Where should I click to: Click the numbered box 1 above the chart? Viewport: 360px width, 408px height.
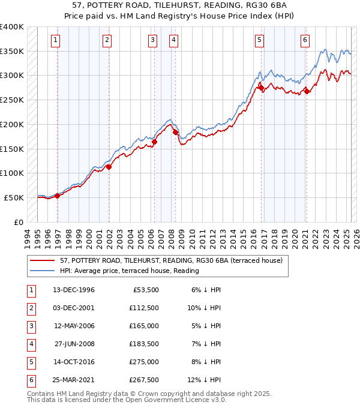[55, 40]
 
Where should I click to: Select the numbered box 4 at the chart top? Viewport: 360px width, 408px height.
[173, 40]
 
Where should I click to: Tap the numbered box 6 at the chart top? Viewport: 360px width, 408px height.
[305, 40]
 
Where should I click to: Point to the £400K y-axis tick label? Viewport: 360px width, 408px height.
[12, 27]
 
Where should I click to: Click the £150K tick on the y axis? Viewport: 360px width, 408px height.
[12, 149]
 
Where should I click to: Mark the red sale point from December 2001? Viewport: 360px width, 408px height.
[109, 167]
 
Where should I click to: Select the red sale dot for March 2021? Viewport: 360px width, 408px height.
[307, 92]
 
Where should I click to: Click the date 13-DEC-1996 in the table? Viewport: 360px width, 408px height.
[74, 290]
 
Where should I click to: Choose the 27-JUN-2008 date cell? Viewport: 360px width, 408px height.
[74, 344]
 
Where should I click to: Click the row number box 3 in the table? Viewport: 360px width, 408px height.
[29, 326]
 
